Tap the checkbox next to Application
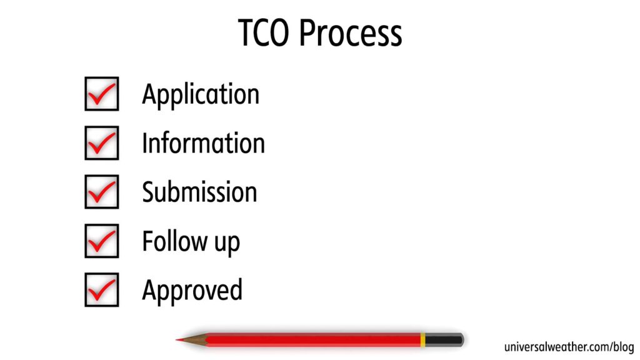coord(101,94)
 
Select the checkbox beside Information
coord(101,142)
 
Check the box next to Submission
coord(101,191)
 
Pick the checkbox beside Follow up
coord(101,241)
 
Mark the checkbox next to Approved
coord(101,289)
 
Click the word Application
coord(200,95)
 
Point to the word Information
coord(203,143)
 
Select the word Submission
coord(199,192)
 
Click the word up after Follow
coord(226,243)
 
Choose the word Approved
coord(192,291)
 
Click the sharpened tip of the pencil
coord(178,340)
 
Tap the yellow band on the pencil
coord(422,340)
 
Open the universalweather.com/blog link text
coord(569,347)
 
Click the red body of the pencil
coord(312,340)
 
